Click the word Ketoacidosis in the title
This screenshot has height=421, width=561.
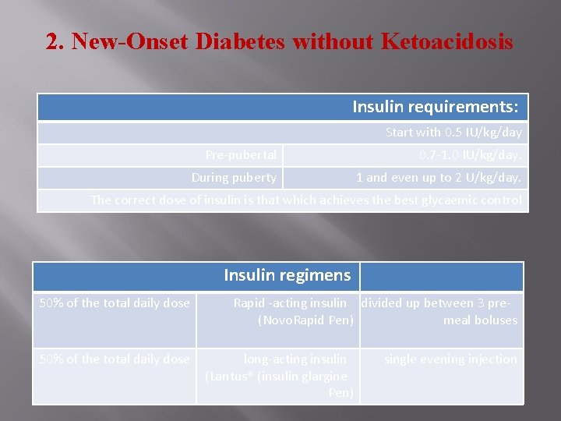[x=447, y=41]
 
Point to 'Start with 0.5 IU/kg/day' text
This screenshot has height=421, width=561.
[x=453, y=133]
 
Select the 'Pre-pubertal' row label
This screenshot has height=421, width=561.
[x=241, y=155]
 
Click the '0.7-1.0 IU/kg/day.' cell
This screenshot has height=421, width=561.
[x=470, y=155]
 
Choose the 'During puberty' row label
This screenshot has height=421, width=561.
[x=234, y=178]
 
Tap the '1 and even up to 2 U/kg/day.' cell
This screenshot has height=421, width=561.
[x=439, y=178]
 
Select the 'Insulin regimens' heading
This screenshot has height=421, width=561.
[x=287, y=275]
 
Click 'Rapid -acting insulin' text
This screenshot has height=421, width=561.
[x=290, y=303]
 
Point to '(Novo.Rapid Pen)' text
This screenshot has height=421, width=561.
[x=305, y=320]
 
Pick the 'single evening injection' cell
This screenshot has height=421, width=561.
[x=450, y=359]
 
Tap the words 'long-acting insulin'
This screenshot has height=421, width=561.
[x=295, y=359]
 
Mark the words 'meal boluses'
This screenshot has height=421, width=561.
[x=480, y=320]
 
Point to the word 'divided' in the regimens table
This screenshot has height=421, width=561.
[x=382, y=303]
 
